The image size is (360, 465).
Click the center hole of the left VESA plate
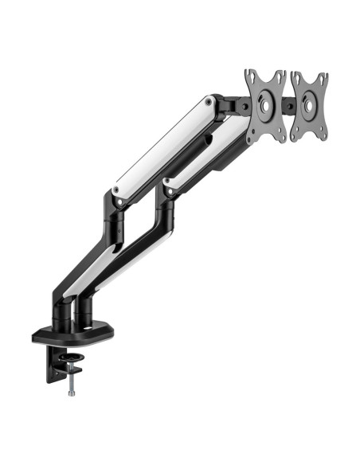(266, 106)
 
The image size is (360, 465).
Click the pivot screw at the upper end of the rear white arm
(209, 101)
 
